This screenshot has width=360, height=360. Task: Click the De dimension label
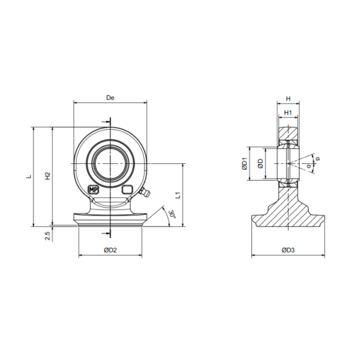click(110, 98)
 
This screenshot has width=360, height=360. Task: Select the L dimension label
click(29, 176)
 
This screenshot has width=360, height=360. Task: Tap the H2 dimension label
click(47, 176)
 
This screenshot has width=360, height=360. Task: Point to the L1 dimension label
click(178, 195)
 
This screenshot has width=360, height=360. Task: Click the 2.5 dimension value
click(47, 236)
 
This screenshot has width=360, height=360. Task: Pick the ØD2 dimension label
click(110, 250)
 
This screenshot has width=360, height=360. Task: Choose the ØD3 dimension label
click(288, 250)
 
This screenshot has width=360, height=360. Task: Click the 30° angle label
click(172, 214)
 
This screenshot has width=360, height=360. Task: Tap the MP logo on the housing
click(94, 190)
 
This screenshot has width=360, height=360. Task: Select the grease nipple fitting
click(145, 192)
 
